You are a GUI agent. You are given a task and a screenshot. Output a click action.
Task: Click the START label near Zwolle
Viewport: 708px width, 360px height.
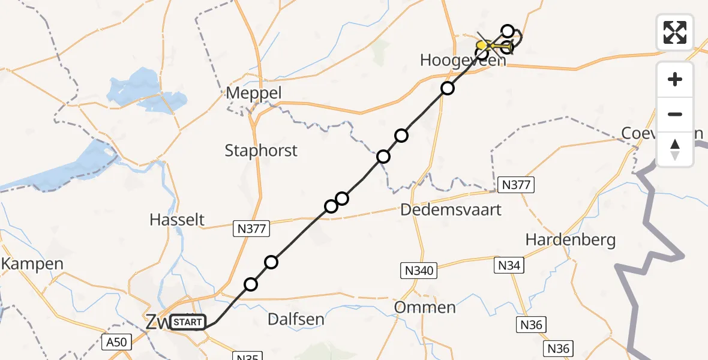click(188, 323)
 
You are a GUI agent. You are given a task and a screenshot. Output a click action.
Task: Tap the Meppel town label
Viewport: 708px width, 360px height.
click(254, 94)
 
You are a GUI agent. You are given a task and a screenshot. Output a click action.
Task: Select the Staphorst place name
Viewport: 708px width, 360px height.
click(261, 150)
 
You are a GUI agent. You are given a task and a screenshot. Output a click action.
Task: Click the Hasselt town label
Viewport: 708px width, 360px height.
click(177, 220)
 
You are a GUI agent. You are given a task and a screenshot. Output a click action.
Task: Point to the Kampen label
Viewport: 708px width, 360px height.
click(32, 263)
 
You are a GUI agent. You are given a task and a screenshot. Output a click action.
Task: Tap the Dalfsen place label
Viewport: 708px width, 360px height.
click(295, 319)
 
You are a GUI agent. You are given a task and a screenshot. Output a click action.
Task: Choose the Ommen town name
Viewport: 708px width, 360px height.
click(425, 308)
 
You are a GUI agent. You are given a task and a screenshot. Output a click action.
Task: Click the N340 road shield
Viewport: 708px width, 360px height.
click(418, 271)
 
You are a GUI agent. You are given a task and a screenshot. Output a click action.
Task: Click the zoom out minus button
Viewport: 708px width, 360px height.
click(675, 114)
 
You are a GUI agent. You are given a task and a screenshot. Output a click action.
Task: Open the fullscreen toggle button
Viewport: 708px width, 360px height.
click(675, 32)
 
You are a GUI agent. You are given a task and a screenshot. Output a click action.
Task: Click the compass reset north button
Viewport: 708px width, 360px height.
click(675, 149)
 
